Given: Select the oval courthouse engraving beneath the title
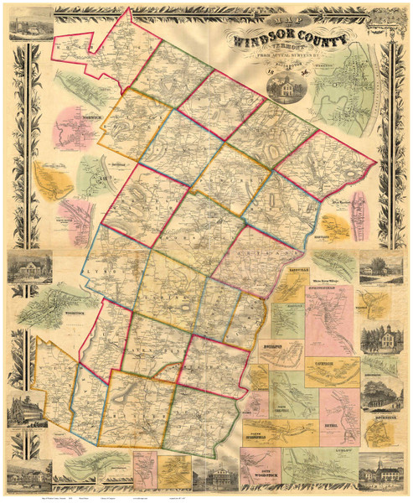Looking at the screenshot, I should point(288,87).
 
